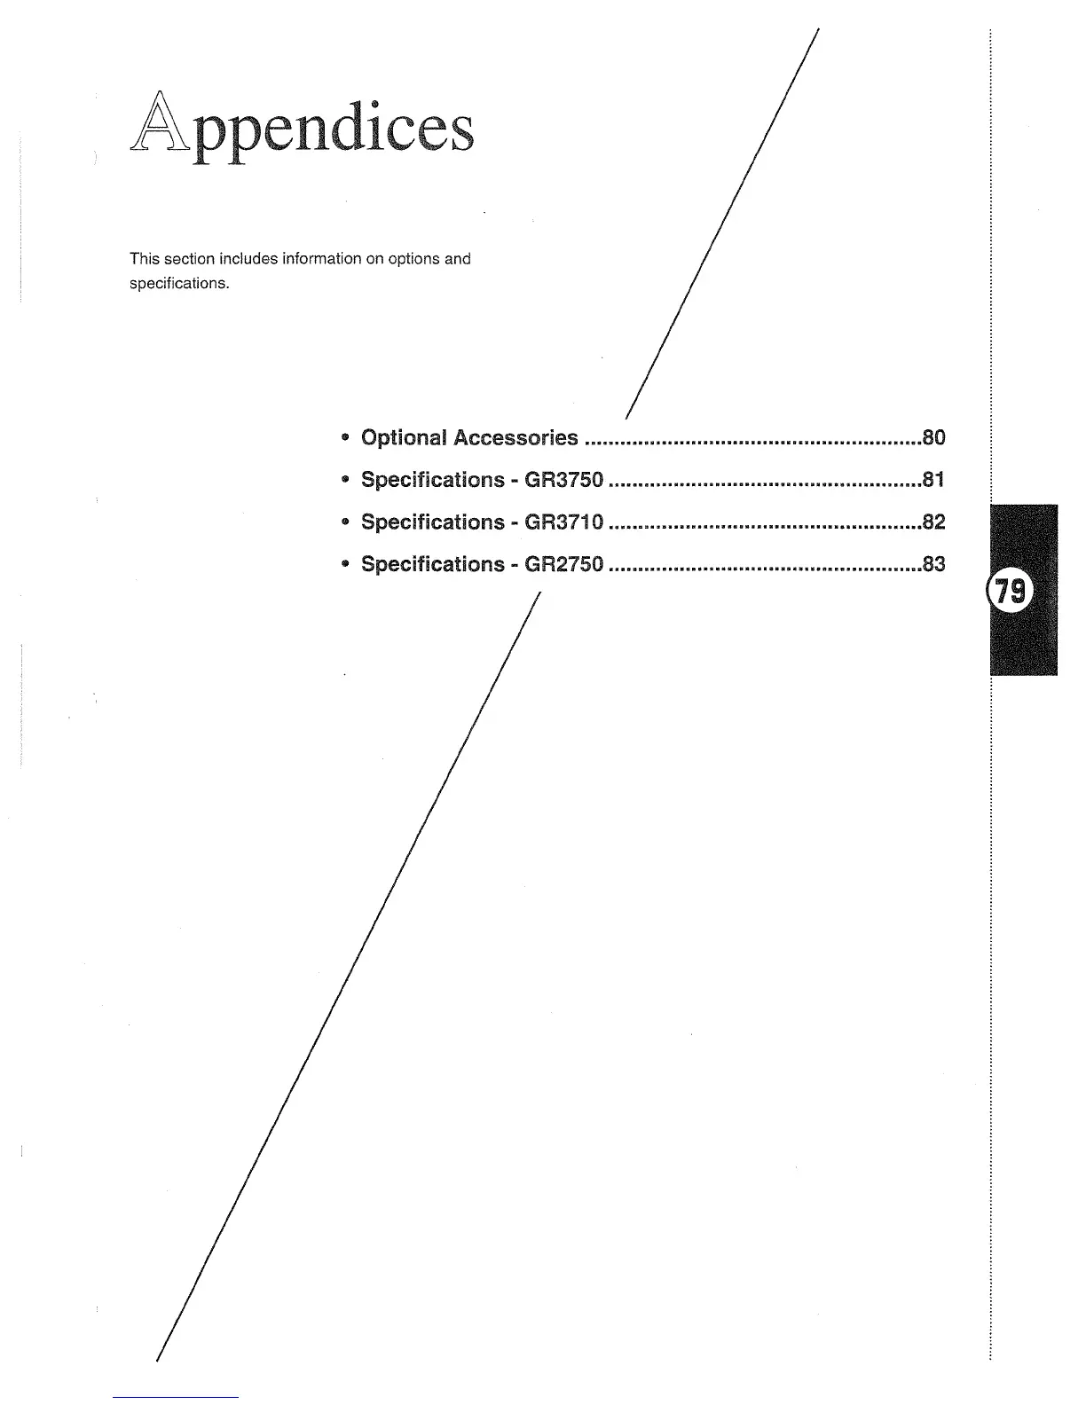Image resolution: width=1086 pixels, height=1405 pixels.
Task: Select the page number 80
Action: [933, 437]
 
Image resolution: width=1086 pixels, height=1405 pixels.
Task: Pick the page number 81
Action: [933, 480]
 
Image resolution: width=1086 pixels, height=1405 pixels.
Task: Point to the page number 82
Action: [933, 522]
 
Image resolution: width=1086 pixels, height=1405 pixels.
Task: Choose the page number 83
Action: [933, 564]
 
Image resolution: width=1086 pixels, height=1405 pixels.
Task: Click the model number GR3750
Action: [564, 480]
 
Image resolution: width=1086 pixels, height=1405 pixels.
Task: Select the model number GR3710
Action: [564, 522]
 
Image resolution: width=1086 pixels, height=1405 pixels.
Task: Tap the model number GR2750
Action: [564, 564]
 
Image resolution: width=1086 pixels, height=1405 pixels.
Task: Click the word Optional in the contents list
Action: [404, 437]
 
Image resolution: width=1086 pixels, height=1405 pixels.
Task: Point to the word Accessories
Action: [515, 437]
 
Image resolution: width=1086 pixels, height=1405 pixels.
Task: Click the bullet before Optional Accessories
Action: [344, 437]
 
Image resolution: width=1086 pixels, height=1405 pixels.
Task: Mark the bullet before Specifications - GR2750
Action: [344, 564]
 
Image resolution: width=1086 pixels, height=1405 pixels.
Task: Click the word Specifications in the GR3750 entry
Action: [432, 480]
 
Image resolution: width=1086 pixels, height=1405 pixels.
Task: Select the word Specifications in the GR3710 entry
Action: [432, 522]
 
